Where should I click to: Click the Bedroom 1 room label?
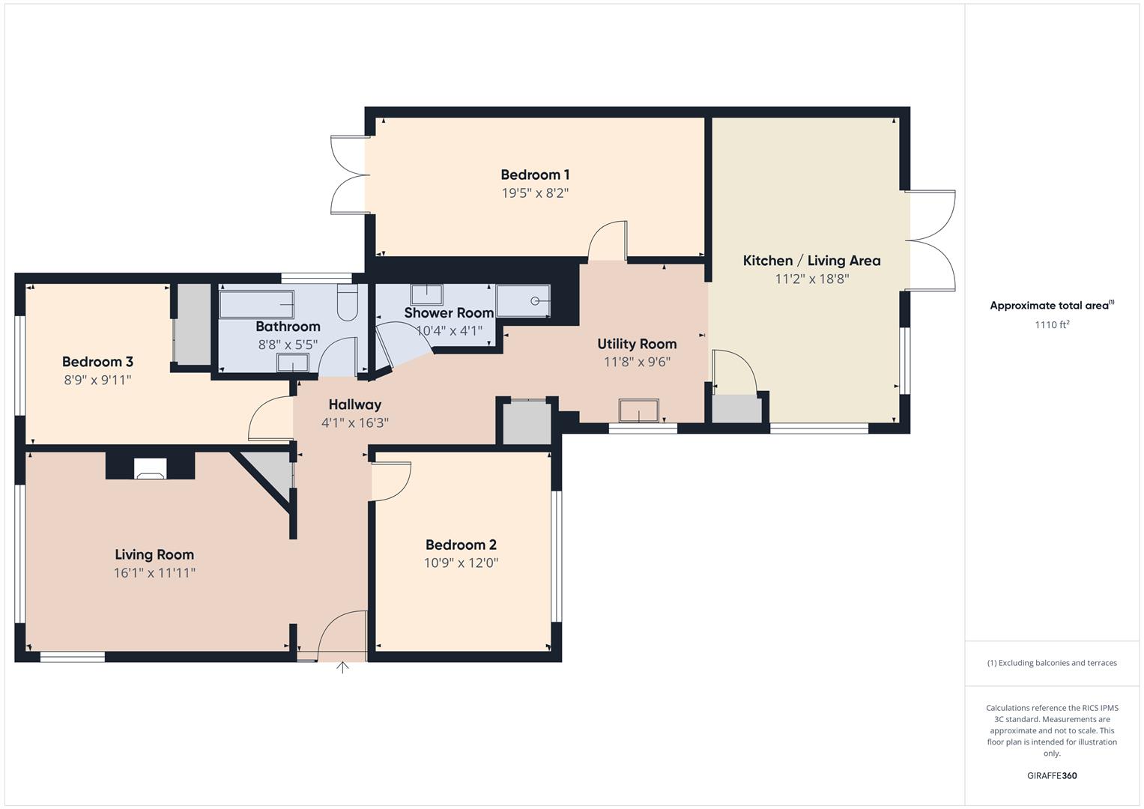click(x=535, y=175)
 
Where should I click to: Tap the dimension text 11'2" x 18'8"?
click(x=811, y=279)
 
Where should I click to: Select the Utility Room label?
click(x=637, y=344)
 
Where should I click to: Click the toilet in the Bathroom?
click(x=348, y=303)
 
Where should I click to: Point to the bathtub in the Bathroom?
click(x=256, y=304)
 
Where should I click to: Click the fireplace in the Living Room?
click(x=150, y=467)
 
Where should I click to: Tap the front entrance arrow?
click(x=342, y=667)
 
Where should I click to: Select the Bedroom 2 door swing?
click(x=393, y=480)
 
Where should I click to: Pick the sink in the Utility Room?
click(x=638, y=411)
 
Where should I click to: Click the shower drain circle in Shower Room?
click(x=535, y=301)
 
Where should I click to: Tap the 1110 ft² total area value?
click(x=1051, y=324)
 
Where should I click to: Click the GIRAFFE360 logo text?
click(x=1051, y=775)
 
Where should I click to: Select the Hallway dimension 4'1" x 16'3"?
click(x=354, y=422)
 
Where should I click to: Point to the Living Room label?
click(x=154, y=554)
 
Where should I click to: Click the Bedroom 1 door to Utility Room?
click(x=608, y=240)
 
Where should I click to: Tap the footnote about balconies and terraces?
click(x=1051, y=663)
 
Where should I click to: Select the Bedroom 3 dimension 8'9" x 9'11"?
click(x=97, y=380)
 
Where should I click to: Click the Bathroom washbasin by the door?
click(x=292, y=363)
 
